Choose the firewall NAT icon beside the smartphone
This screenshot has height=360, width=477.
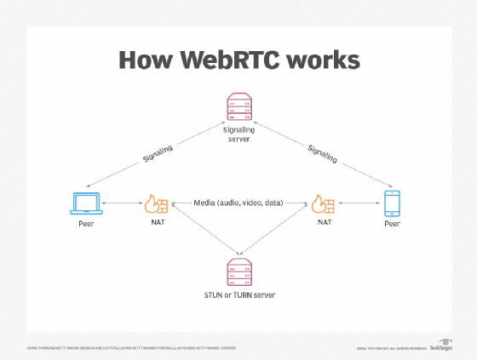tap(321, 204)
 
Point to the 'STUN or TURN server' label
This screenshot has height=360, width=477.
tap(238, 294)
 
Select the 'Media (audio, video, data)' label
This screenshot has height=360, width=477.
tap(238, 203)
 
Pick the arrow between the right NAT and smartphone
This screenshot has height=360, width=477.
tap(357, 204)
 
